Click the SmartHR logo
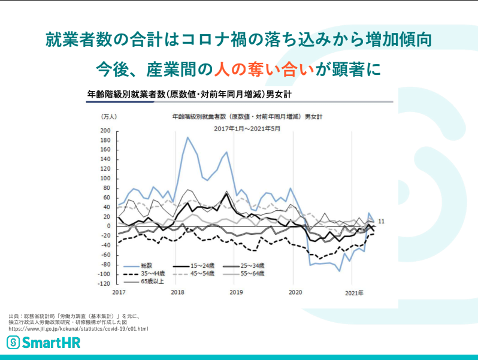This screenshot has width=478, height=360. pos(43,343)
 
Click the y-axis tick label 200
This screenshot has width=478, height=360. pos(106,131)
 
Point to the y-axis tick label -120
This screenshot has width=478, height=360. pos(104,283)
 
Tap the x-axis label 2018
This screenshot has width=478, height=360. pos(177,292)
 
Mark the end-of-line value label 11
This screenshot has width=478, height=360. pos(381,222)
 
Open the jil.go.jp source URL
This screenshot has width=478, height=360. pos(78,329)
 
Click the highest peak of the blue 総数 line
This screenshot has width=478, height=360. pos(187,138)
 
